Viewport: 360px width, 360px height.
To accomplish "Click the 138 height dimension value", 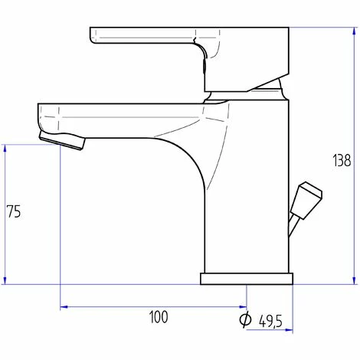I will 342,161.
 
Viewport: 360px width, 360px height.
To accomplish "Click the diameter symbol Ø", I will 245,321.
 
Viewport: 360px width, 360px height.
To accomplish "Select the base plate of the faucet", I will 247,278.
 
